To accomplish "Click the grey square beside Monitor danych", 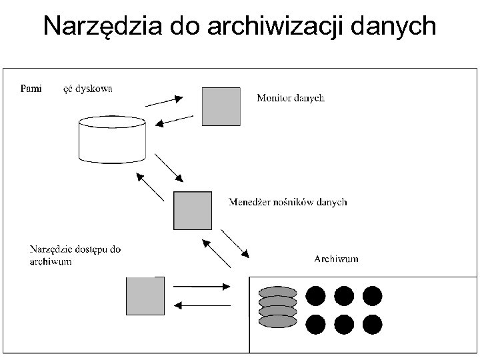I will [x=221, y=106].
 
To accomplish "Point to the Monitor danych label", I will [x=291, y=98].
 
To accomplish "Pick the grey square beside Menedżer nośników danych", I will [x=193, y=211].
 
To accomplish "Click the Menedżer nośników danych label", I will [x=287, y=201].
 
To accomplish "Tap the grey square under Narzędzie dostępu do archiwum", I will [x=145, y=296].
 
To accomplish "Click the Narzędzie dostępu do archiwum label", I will [x=75, y=255].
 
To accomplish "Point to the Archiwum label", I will [x=336, y=259].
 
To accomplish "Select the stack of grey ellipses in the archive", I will [x=277, y=307].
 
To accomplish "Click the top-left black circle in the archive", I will [x=315, y=295].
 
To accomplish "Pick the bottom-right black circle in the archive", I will [x=372, y=325].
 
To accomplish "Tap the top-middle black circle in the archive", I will [x=343, y=295].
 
